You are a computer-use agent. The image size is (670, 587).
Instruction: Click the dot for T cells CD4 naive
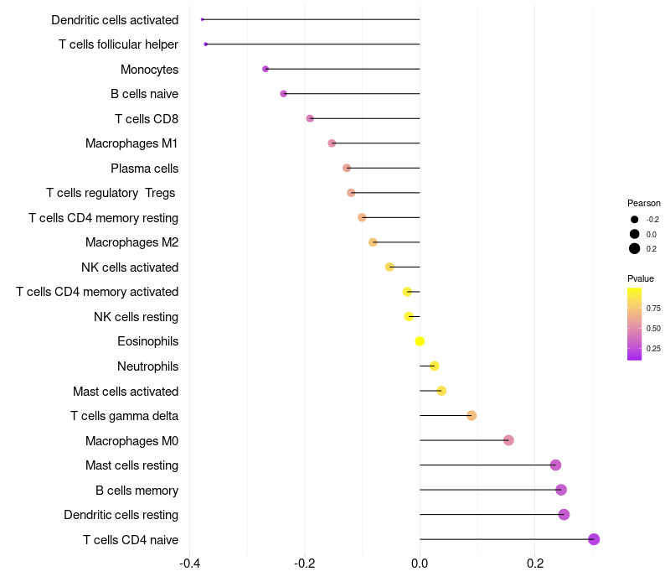point(594,539)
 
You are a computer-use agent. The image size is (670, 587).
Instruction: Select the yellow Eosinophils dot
point(420,341)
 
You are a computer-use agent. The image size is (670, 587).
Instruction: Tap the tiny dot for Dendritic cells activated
point(203,19)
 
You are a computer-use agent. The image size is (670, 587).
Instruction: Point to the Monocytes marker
point(265,69)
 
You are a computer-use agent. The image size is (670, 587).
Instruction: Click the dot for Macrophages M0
point(508,440)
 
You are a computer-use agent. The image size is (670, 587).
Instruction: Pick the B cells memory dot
point(561,490)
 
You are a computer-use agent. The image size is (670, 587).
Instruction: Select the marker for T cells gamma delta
point(472,416)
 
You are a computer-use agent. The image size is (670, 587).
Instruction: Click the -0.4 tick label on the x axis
point(190,564)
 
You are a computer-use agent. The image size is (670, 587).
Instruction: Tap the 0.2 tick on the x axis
point(535,564)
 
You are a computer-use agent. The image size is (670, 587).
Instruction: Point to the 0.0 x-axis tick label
point(420,564)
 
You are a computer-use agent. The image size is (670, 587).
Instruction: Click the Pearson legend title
point(644,203)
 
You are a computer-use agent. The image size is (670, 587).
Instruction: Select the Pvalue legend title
point(641,278)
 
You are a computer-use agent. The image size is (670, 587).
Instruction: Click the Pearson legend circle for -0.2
point(635,220)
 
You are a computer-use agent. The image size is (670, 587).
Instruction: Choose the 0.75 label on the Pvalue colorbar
point(653,309)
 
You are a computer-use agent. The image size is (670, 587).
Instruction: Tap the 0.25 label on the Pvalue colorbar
point(653,349)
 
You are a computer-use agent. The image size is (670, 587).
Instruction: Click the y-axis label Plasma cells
point(144,169)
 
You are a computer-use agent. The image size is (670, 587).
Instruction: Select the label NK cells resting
point(136,317)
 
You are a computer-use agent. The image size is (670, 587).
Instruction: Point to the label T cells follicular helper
point(118,44)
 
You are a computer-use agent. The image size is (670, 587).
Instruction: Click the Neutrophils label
point(147,366)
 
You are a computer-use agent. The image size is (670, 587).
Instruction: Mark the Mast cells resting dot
point(555,465)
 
